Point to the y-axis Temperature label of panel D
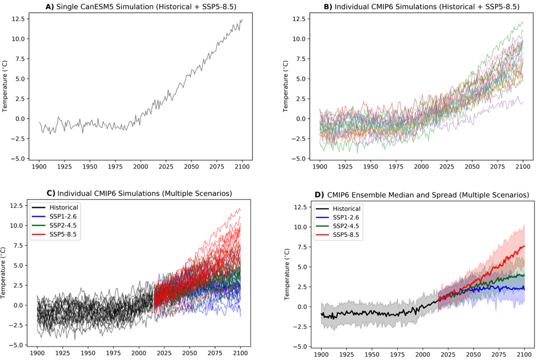point(288,273)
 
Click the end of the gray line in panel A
point(242,19)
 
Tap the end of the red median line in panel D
point(524,246)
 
